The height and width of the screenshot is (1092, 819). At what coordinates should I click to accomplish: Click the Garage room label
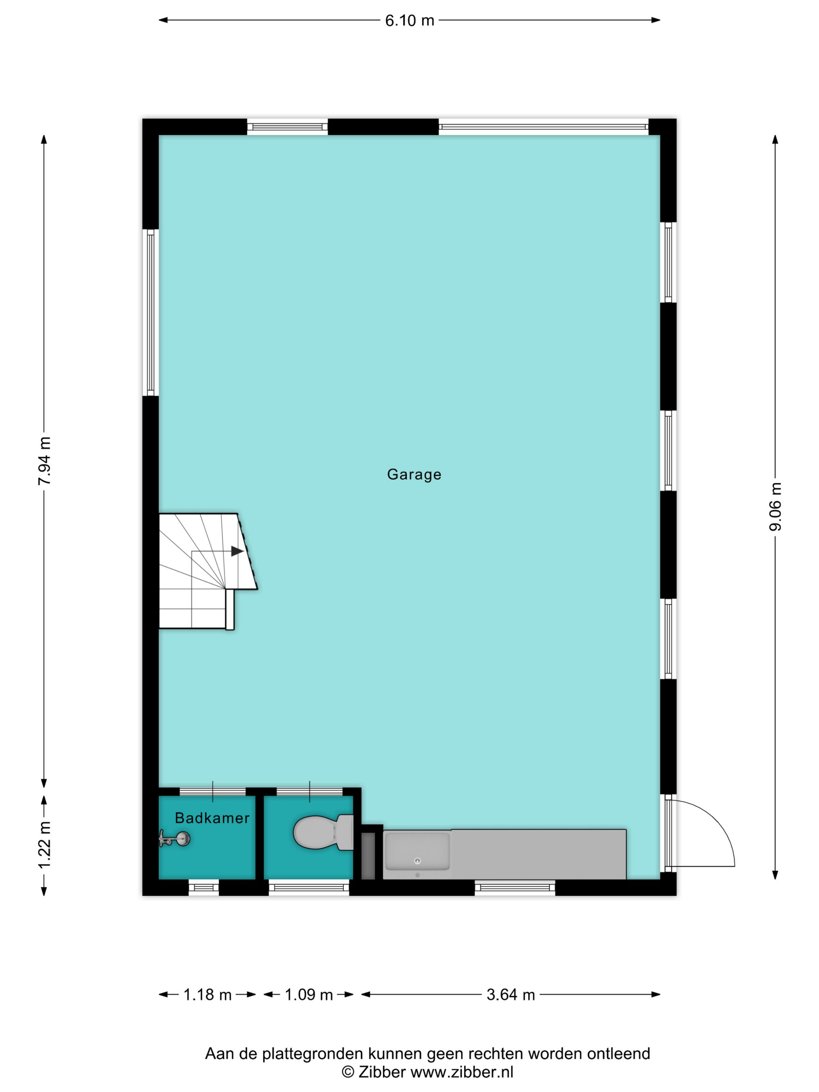pyautogui.click(x=414, y=474)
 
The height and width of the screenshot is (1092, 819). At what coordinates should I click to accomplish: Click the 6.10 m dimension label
pyautogui.click(x=409, y=21)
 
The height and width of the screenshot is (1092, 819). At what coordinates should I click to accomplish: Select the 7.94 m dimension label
pyautogui.click(x=44, y=461)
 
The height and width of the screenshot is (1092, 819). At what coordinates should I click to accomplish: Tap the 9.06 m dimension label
pyautogui.click(x=775, y=507)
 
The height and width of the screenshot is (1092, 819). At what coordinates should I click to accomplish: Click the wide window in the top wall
pyautogui.click(x=544, y=127)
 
